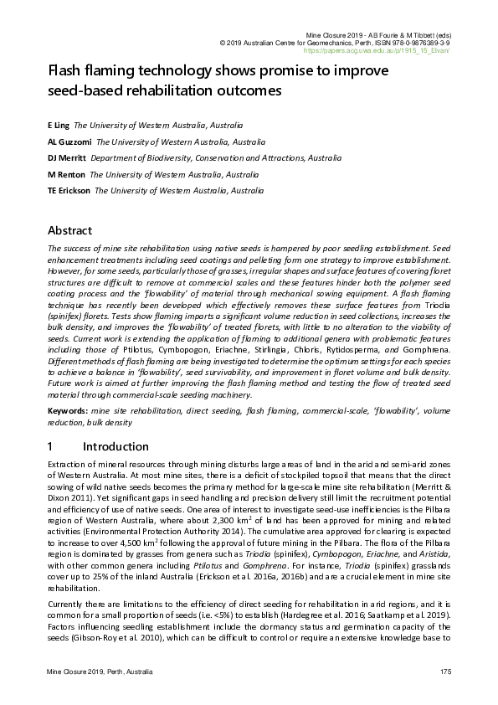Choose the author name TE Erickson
tap(69, 191)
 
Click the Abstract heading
tap(69, 230)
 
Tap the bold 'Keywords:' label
tap(68, 411)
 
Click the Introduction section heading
tap(116, 446)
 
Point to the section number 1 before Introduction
tap(51, 446)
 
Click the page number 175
tap(445, 674)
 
